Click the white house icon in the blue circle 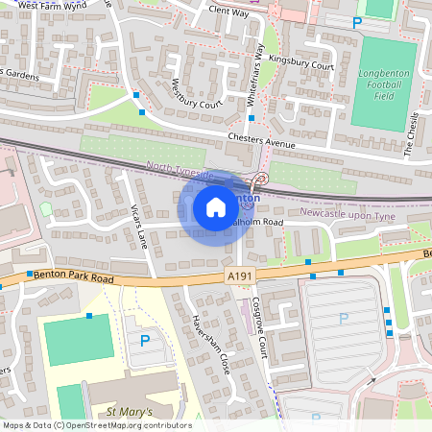pyautogui.click(x=215, y=206)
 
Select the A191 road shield pyautogui.click(x=241, y=276)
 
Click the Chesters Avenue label pyautogui.click(x=262, y=139)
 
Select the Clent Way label pyautogui.click(x=228, y=12)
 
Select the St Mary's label pyautogui.click(x=131, y=413)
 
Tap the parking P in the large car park pyautogui.click(x=343, y=319)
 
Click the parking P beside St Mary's pyautogui.click(x=145, y=340)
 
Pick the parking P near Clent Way pyautogui.click(x=357, y=21)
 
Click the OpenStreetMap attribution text pyautogui.click(x=96, y=425)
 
